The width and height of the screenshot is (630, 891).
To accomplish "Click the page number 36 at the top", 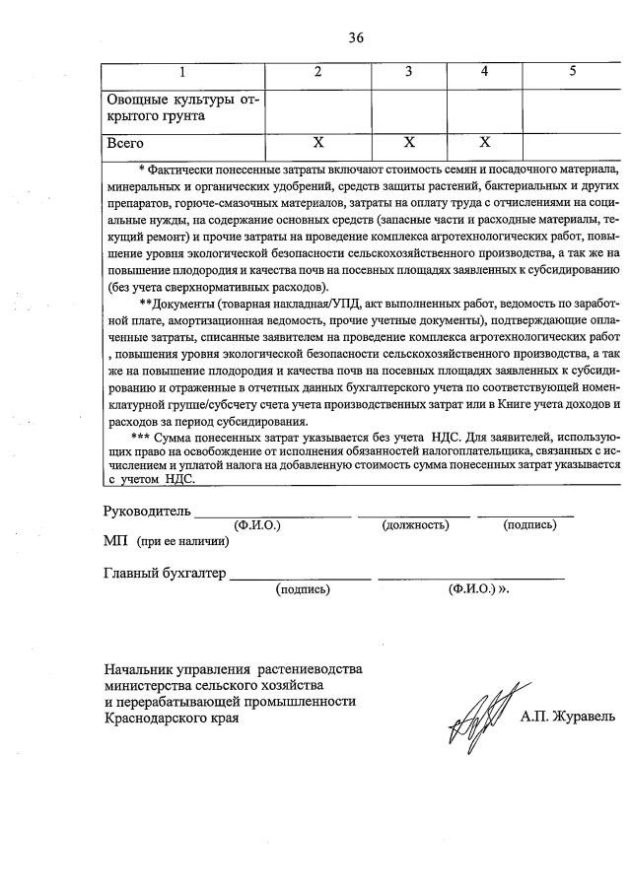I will pos(356,37).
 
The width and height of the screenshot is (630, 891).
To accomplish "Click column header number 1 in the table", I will pos(181,72).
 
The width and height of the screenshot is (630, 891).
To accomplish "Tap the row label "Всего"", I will pos(125,144).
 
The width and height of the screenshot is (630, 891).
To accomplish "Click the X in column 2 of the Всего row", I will pos(317,144).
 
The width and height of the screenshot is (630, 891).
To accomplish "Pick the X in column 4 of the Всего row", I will pos(484,144).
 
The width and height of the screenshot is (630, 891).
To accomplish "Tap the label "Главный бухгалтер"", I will pos(165,573).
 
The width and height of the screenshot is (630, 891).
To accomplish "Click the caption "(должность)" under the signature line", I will pos(415,525).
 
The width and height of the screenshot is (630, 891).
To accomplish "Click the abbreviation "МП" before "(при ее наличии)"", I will pos(115,540).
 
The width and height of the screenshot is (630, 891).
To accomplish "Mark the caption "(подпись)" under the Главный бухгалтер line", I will pos(303,589).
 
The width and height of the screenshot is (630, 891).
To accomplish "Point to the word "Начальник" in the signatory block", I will pos(142,667).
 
